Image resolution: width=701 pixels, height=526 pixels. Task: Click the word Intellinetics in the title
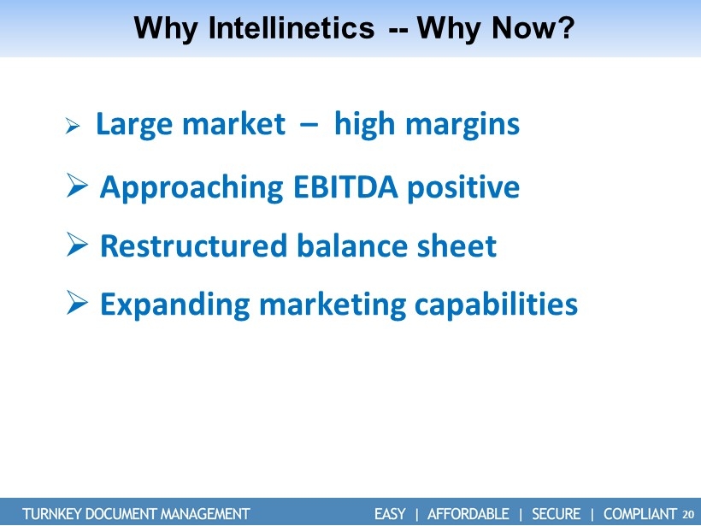coord(291,27)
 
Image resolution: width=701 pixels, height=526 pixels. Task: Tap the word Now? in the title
coord(532,27)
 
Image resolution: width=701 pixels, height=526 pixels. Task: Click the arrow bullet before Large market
coord(73,126)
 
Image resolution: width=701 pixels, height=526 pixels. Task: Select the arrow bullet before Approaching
coord(77,186)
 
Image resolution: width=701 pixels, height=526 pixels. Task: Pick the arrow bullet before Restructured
coord(77,245)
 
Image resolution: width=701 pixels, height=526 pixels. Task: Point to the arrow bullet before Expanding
coord(77,303)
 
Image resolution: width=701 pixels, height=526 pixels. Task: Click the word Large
coord(134,125)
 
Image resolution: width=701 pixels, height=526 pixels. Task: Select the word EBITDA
coord(345,187)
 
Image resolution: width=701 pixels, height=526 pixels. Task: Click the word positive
coord(463,188)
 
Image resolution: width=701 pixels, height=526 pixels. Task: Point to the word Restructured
coord(193,245)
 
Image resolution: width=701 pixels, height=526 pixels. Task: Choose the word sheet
coord(457,245)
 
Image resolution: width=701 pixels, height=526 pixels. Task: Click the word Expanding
coord(174,305)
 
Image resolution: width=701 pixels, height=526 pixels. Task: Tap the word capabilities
coord(496,305)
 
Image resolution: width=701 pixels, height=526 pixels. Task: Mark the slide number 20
coord(688,514)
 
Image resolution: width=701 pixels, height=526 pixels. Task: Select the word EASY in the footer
coord(390,513)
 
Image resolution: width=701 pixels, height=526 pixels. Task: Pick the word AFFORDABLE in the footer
coord(468,513)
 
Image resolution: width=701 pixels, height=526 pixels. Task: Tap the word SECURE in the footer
coord(557,513)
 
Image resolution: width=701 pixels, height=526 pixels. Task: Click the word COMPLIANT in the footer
coord(640,513)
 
